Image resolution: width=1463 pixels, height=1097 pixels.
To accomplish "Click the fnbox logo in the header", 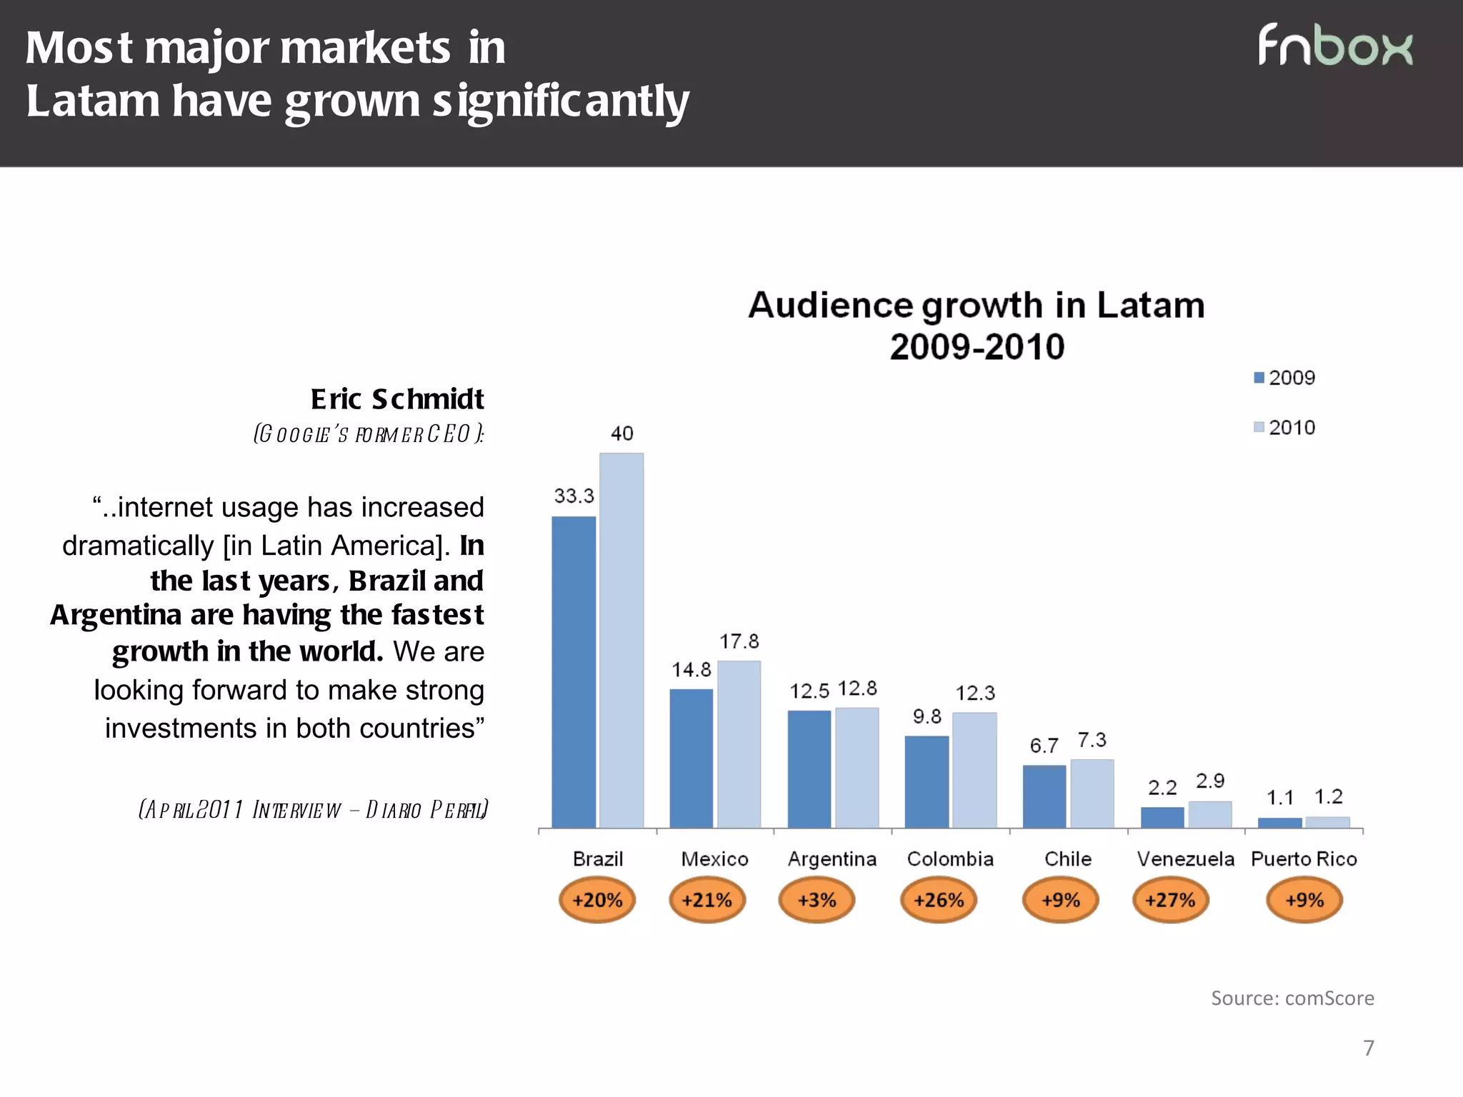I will pos(1334,46).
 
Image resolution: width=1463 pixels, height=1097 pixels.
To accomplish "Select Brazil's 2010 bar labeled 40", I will pos(621,640).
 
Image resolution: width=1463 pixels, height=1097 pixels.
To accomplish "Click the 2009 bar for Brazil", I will pos(574,671).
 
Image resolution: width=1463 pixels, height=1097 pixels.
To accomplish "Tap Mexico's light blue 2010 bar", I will pos(739,744).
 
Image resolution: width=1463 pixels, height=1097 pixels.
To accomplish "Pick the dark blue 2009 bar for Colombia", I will pos(927,781).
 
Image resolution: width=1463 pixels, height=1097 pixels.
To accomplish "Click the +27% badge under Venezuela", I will pos(1170,900).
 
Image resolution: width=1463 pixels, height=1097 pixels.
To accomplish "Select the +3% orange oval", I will pos(817,900).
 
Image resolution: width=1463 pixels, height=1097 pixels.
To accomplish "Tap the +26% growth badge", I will pos(939,900).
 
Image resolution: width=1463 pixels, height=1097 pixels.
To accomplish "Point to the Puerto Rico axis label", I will pos(1304,859).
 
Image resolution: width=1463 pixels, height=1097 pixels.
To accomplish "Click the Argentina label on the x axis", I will pos(832,859).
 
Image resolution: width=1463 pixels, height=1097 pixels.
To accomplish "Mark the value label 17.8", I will pos(739,641).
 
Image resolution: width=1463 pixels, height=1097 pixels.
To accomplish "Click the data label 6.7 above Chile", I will pos(1044,746).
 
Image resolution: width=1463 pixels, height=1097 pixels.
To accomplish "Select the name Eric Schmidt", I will pos(397,399).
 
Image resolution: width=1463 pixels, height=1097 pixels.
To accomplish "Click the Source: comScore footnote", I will pos(1292,998).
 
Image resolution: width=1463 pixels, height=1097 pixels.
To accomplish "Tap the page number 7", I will pos(1369,1048).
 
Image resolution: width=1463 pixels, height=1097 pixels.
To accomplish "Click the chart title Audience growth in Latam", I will pos(977,306).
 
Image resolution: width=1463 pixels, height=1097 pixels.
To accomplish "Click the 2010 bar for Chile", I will pos(1092,793).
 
